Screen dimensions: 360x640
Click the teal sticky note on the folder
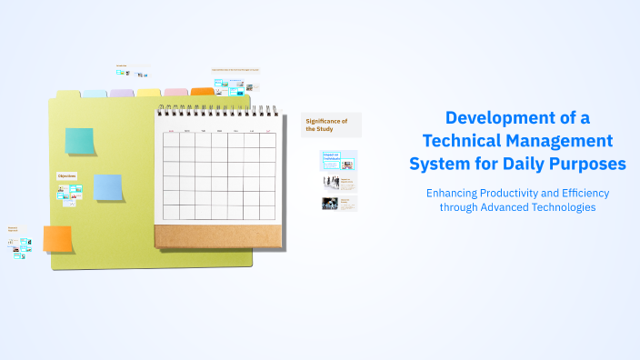click(x=79, y=141)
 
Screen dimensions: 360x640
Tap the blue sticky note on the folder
click(x=108, y=187)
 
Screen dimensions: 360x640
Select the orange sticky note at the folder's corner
click(x=57, y=238)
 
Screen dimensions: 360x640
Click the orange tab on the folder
click(x=203, y=92)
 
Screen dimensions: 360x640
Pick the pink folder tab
click(x=176, y=92)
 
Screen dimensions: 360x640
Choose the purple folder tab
click(x=122, y=93)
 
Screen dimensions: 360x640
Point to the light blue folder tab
click(x=95, y=93)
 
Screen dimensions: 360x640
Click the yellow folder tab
click(x=149, y=93)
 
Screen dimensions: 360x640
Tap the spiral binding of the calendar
click(x=217, y=111)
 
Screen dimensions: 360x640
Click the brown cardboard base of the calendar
click(x=217, y=235)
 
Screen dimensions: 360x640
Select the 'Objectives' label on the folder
click(x=66, y=175)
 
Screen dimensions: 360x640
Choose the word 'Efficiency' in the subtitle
click(x=582, y=193)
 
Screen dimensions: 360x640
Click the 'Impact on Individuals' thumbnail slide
click(x=338, y=161)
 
